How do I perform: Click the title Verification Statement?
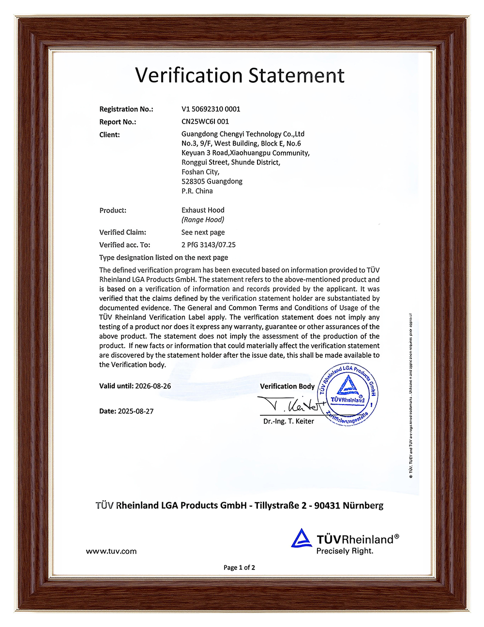pos(240,75)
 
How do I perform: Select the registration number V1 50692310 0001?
pos(211,109)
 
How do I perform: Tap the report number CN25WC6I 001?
pos(205,122)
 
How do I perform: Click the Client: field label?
pos(109,135)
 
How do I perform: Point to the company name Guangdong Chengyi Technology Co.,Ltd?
pos(243,134)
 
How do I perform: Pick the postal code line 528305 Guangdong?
pos(212,181)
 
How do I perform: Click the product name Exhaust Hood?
pos(203,210)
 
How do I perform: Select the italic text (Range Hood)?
pos(203,220)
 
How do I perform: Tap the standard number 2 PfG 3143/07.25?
pos(209,245)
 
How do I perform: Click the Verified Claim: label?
pos(122,233)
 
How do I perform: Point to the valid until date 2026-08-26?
pos(153,386)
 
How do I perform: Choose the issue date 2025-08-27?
pos(136,411)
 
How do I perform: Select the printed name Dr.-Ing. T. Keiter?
pos(288,422)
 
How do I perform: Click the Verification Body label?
pos(287,386)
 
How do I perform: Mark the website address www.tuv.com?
pos(111,551)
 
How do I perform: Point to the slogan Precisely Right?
pos(345,551)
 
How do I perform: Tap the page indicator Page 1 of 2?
pos(239,568)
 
